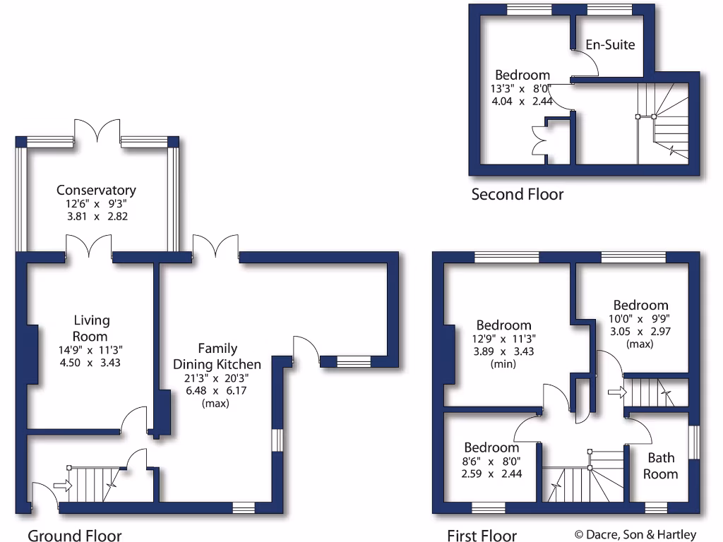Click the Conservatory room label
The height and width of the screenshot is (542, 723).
[x=96, y=190]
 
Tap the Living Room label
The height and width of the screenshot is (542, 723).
[x=91, y=328]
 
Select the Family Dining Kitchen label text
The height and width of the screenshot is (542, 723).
[x=217, y=356]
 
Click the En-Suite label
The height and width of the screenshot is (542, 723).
[x=610, y=45]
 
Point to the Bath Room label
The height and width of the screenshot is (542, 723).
[x=661, y=466]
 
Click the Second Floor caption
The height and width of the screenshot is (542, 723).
[x=518, y=194]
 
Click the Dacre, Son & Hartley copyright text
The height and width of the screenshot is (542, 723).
[x=635, y=534]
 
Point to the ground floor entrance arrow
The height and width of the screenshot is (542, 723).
[x=62, y=485]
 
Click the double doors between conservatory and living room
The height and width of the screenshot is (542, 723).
[x=89, y=248]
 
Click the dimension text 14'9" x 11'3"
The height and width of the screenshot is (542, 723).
[x=91, y=349]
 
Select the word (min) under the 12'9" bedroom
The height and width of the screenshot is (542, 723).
[x=504, y=364]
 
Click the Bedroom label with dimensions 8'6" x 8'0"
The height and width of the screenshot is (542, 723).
[x=491, y=447]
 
